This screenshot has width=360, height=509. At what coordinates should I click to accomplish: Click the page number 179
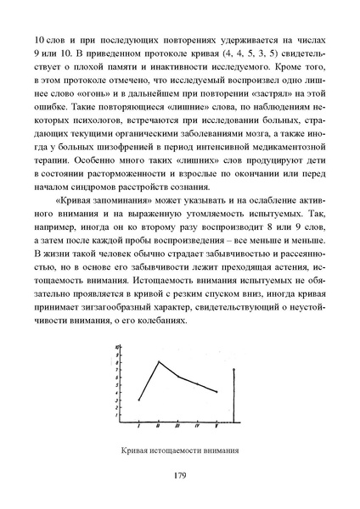coord(179,476)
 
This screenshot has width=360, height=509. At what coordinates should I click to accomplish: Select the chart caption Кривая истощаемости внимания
coord(179,450)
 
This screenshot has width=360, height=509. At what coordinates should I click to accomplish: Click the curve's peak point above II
coord(158,361)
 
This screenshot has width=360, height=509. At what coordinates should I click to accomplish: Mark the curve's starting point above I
coord(138,400)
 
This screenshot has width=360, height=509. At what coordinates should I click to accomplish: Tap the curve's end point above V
coord(217,392)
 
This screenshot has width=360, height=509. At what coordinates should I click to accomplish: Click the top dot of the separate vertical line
coord(233,370)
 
